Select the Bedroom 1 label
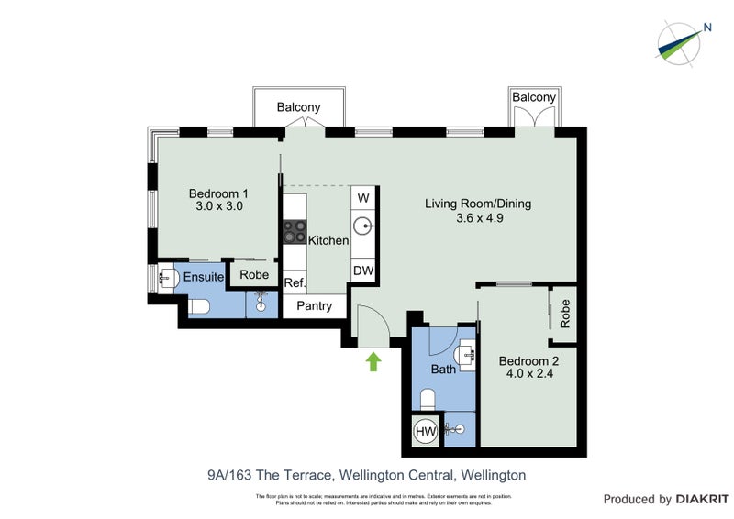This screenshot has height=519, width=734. click(x=218, y=193)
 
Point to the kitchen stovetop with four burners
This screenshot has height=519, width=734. click(x=295, y=231)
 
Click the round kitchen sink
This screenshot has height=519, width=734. click(x=363, y=224)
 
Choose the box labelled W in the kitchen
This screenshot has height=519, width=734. click(x=363, y=198)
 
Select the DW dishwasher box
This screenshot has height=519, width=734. click(x=363, y=271)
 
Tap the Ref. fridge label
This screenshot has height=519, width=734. click(x=295, y=282)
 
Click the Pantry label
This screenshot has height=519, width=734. click(x=314, y=306)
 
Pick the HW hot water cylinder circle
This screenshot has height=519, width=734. click(x=425, y=431)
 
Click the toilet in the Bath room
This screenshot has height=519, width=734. click(x=427, y=399)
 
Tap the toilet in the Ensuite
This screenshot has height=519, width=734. click(x=202, y=307)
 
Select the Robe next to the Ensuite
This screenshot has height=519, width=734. click(x=254, y=275)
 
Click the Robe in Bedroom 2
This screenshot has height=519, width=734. click(x=564, y=315)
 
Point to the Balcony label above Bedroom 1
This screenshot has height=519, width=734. click(x=299, y=107)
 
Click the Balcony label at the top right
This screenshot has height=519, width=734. click(x=534, y=97)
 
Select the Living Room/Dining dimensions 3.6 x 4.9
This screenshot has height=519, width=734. click(x=478, y=218)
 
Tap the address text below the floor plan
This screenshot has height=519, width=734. click(x=366, y=475)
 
